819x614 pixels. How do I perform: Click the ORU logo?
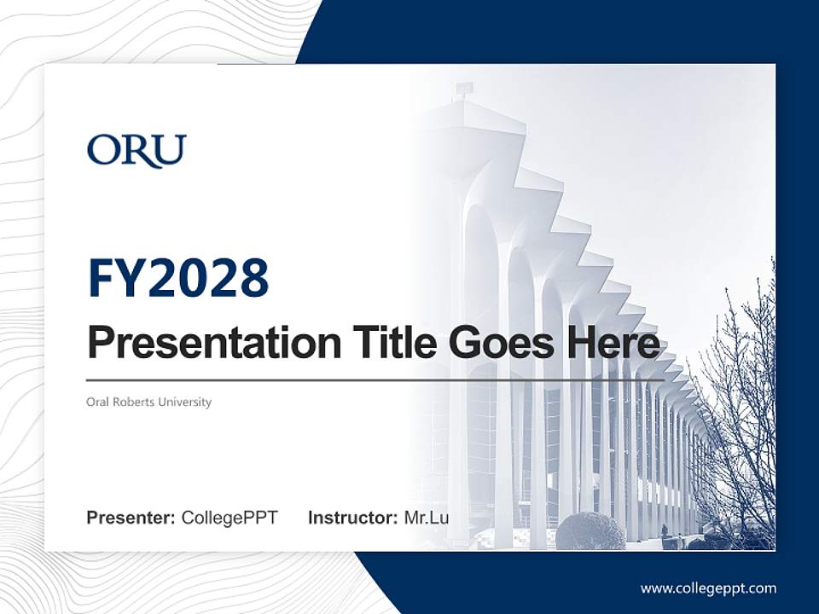coord(136,151)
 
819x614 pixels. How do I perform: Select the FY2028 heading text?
coord(178,278)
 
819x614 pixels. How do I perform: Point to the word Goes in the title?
coord(497,344)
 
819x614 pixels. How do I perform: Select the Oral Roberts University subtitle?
coord(148,402)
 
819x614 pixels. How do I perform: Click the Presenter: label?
coord(131,518)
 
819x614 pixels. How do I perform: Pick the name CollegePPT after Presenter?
coord(229,518)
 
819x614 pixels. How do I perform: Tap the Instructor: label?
coord(352,518)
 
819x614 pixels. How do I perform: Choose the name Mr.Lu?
coord(426,518)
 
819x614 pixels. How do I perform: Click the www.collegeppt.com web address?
coord(708,588)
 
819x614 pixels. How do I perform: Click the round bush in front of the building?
coord(590,530)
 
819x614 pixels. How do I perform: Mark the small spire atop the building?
coord(463,88)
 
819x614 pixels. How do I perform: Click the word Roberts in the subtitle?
coord(132,402)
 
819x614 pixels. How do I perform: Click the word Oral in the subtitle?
coord(97,402)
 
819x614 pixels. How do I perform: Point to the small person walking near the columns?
coord(665,531)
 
